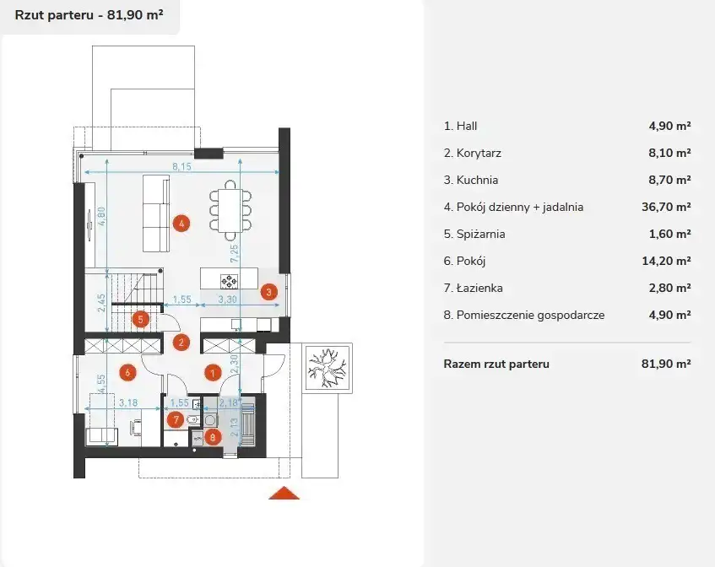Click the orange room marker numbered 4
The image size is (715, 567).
pyautogui.click(x=181, y=224)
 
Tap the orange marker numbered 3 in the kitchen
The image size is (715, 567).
pyautogui.click(x=269, y=292)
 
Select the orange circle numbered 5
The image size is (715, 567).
pyautogui.click(x=140, y=320)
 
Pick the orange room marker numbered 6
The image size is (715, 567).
pyautogui.click(x=127, y=372)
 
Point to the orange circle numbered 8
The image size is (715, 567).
pyautogui.click(x=213, y=437)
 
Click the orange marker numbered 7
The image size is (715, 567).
pyautogui.click(x=176, y=419)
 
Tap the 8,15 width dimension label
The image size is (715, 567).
pyautogui.click(x=182, y=167)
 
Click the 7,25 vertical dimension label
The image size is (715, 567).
pyautogui.click(x=235, y=253)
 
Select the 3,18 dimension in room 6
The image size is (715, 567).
pyautogui.click(x=128, y=403)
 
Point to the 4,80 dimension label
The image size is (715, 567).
pyautogui.click(x=101, y=217)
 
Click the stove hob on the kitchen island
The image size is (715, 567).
pyautogui.click(x=229, y=281)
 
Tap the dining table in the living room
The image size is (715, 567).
pyautogui.click(x=230, y=210)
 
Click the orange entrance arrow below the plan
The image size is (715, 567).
pyautogui.click(x=284, y=493)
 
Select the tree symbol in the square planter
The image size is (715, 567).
pyautogui.click(x=327, y=368)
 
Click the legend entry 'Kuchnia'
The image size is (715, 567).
pyautogui.click(x=477, y=180)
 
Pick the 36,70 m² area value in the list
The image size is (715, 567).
pyautogui.click(x=666, y=207)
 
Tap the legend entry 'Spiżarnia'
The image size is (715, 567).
pyautogui.click(x=480, y=235)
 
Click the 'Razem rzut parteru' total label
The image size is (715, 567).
pyautogui.click(x=496, y=364)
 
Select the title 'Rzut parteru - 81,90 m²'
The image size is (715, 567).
pyautogui.click(x=89, y=15)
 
